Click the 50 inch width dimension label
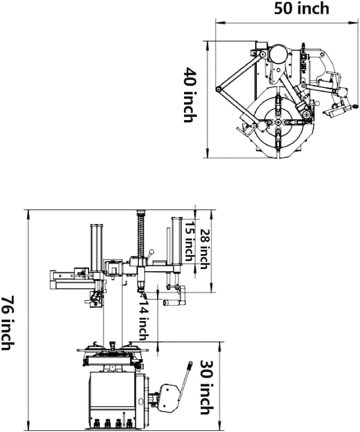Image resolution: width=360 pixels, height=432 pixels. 302,9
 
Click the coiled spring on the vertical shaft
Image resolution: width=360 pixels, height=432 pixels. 142,234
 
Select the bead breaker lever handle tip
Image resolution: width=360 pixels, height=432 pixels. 190,366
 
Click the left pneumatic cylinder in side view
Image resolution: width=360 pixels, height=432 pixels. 97,249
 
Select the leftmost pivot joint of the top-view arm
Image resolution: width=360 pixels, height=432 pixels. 218,90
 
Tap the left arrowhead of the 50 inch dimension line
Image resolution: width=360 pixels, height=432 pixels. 217,23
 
